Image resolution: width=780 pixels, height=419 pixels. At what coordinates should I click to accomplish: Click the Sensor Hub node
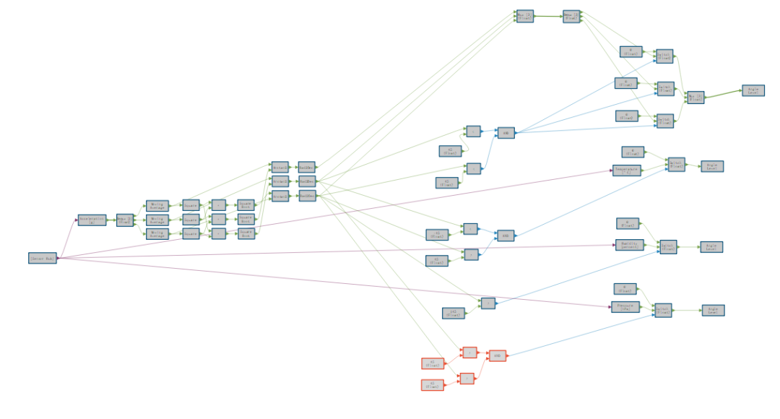[43, 258]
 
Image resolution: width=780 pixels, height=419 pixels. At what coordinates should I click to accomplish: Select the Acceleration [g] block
[92, 220]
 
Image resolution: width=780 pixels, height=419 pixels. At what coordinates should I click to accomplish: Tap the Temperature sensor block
[626, 170]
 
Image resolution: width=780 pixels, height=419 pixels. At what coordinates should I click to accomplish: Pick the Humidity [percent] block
[628, 245]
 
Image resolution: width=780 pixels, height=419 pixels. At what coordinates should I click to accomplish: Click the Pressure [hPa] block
[625, 307]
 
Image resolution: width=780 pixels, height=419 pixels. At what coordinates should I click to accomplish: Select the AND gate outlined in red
[496, 355]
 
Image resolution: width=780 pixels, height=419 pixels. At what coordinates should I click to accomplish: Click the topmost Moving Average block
[157, 206]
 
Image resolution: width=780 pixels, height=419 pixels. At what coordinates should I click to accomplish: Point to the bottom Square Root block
[246, 233]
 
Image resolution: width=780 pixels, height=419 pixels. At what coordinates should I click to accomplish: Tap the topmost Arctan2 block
[280, 166]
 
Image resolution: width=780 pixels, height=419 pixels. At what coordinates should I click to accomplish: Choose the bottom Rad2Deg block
[306, 195]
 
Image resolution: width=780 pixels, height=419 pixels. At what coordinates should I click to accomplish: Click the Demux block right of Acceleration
[125, 220]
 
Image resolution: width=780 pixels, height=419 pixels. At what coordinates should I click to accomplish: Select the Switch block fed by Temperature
[676, 164]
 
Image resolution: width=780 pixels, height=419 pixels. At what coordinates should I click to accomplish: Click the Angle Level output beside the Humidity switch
[711, 246]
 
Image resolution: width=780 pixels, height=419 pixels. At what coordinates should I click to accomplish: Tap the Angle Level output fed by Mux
[752, 90]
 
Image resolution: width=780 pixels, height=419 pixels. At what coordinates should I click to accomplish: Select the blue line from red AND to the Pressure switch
[578, 334]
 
